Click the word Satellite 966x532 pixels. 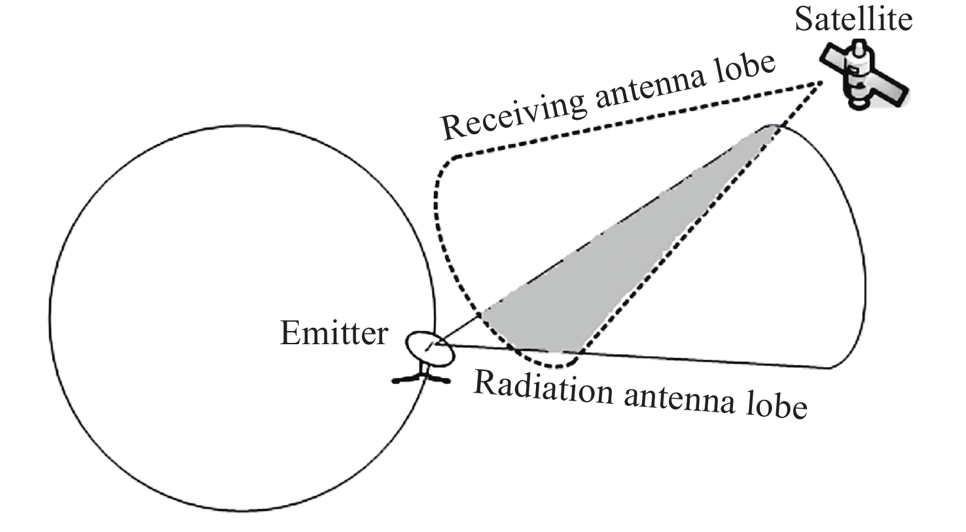click(853, 19)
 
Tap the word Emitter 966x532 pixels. click(334, 333)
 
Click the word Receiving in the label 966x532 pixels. click(512, 115)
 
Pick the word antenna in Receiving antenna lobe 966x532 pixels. click(651, 89)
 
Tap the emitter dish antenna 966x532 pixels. click(430, 349)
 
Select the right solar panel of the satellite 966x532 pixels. click(892, 90)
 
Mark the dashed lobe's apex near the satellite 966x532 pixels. click(821, 82)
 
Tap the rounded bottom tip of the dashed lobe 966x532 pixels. click(556, 366)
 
